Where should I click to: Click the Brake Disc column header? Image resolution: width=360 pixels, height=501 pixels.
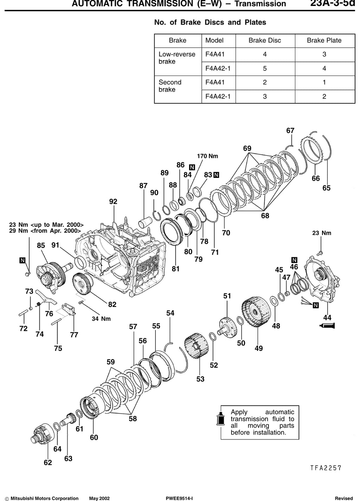pos(265,40)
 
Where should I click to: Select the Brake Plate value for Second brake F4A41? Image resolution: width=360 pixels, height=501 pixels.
pos(324,82)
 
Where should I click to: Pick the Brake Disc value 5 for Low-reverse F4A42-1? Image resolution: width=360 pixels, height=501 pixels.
pos(265,69)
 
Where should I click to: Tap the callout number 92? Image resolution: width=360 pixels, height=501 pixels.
pos(113,201)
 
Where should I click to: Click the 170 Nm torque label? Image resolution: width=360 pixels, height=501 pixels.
pos(207,156)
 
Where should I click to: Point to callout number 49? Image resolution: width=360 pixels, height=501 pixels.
pos(259,348)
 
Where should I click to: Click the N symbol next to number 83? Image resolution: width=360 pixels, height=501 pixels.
pos(216,175)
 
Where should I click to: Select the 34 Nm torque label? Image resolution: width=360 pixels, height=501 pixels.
pos(101,319)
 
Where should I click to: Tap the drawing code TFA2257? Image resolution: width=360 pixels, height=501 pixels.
pos(326,468)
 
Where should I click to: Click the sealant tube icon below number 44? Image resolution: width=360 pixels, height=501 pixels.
pos(327,326)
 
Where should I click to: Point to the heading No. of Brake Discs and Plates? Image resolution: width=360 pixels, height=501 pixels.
pos(210,23)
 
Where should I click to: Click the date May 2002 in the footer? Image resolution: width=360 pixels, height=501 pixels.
pos(99,498)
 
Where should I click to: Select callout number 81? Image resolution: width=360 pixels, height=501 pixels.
pos(176,269)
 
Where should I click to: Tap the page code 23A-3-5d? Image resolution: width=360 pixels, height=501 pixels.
pos(333,3)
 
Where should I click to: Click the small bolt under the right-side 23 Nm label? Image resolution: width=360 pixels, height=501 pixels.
pos(320,253)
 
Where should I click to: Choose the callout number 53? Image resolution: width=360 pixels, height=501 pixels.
pos(200,379)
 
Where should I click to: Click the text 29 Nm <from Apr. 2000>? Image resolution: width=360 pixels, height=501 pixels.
pos(45,231)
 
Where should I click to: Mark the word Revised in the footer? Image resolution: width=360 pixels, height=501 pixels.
pos(344,498)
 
